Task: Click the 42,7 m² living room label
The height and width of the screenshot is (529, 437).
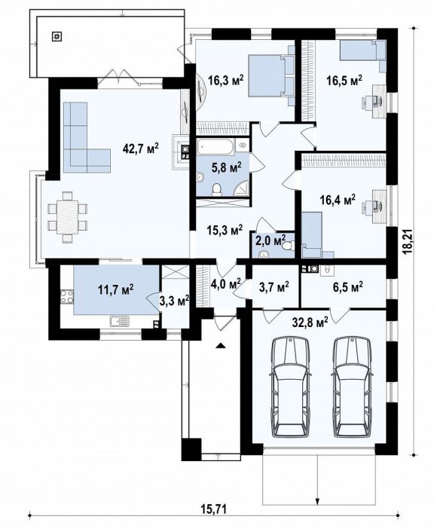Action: coord(140,148)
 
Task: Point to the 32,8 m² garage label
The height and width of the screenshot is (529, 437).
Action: coord(310,323)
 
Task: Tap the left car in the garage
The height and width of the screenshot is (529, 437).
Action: coord(292,388)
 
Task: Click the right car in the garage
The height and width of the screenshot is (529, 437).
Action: coord(353,388)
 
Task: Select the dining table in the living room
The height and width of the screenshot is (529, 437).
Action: coord(68,217)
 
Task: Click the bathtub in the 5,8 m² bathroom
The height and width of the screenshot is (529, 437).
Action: coord(215,147)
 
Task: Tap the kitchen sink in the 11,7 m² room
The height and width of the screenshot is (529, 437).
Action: coord(120,320)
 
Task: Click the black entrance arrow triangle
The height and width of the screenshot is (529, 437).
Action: coord(221,345)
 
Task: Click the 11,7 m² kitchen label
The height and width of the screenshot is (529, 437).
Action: coord(115,289)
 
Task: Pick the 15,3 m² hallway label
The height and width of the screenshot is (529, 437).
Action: coord(225,231)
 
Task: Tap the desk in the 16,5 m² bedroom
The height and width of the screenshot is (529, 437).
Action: coord(379,101)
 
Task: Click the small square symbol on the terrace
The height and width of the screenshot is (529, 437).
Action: coord(57,36)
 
